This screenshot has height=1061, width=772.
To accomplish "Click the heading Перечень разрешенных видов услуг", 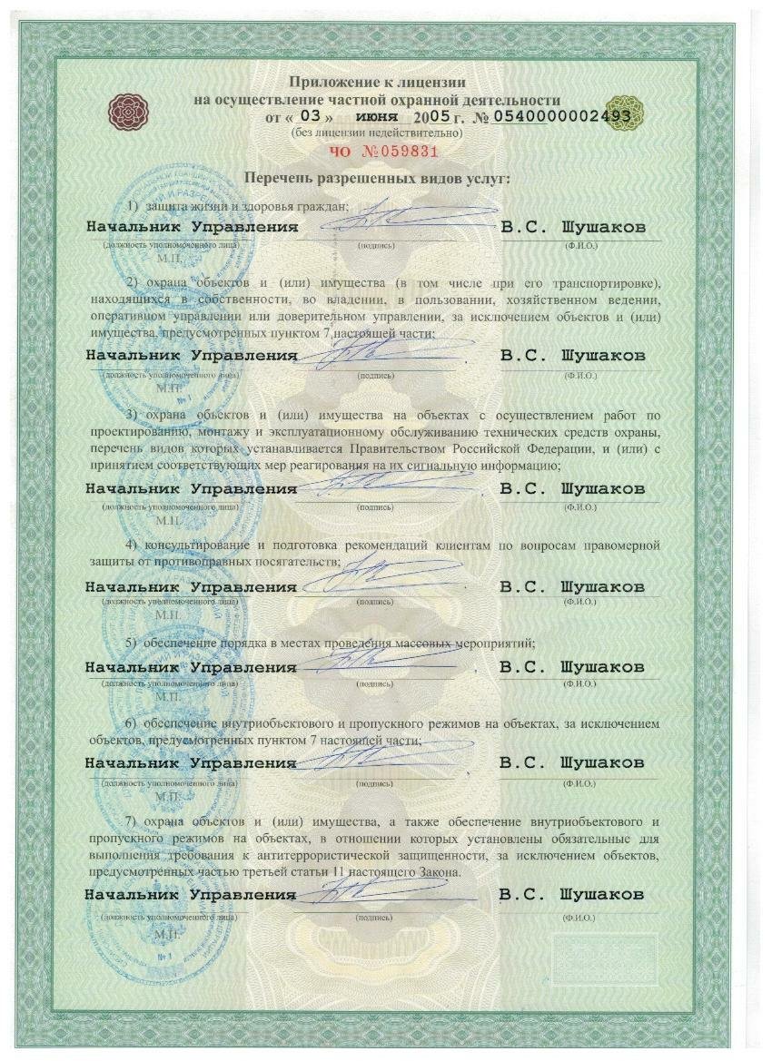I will (385, 178).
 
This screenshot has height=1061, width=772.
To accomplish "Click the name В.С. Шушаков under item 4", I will (573, 586).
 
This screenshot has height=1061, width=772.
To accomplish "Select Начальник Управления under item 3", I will (192, 488).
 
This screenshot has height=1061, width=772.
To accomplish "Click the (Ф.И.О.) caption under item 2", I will (580, 374).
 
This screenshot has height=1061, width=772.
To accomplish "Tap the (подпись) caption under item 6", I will (375, 782).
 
